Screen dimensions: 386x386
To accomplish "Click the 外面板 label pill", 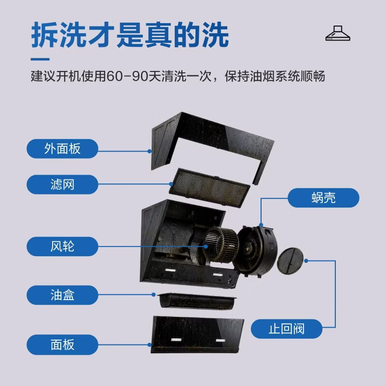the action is [x=62, y=149].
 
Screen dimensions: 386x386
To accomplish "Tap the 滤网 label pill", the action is [x=62, y=184].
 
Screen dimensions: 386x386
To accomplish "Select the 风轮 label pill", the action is [x=62, y=247].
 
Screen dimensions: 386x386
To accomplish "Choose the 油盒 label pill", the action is [x=62, y=295].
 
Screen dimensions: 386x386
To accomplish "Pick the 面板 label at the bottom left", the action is [x=62, y=345].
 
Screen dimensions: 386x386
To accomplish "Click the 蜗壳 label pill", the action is [x=323, y=198].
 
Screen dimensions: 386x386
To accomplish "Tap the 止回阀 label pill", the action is [x=287, y=329].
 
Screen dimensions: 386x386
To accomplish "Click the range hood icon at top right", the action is [x=338, y=33].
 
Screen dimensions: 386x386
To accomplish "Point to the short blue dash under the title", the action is [x=40, y=59].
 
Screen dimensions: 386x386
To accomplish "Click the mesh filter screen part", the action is [x=209, y=188].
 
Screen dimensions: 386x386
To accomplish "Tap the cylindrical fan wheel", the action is [x=221, y=245].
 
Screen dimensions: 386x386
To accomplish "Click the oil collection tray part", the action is [x=197, y=301].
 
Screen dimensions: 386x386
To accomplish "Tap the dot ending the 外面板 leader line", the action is [x=150, y=151].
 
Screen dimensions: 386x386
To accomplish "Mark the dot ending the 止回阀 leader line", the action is [x=306, y=261].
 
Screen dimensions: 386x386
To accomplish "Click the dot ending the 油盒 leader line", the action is [x=153, y=295].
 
